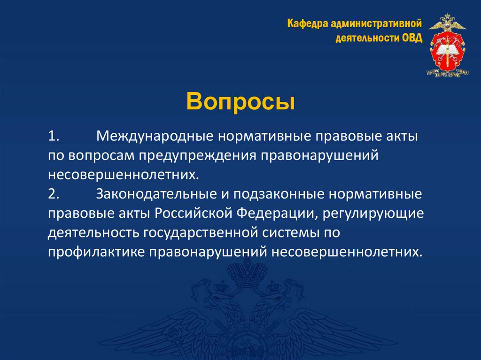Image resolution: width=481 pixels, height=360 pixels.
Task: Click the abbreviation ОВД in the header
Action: coord(412,38)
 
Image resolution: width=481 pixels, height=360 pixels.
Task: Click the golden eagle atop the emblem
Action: coord(448,23)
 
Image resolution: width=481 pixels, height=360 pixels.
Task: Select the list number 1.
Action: coord(52,137)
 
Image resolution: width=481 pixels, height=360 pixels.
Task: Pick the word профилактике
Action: coord(96,252)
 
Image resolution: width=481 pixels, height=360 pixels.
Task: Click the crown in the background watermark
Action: coord(244,275)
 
